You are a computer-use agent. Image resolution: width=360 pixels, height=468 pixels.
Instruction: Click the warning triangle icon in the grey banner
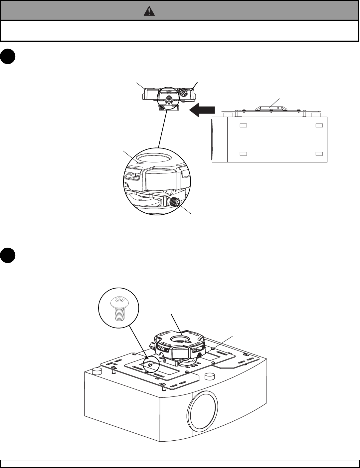click(149, 12)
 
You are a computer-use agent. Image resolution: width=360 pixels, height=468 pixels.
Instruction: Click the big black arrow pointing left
click(202, 110)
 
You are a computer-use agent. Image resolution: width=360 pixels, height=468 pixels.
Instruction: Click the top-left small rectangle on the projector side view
click(244, 125)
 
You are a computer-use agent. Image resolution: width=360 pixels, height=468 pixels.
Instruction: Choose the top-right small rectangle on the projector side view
click(319, 125)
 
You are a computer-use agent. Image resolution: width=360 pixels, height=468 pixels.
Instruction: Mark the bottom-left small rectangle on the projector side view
click(244, 153)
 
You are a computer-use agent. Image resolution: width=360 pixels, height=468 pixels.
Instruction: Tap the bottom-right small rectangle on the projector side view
click(319, 153)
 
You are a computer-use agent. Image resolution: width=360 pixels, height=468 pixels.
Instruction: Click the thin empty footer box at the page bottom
click(180, 464)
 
